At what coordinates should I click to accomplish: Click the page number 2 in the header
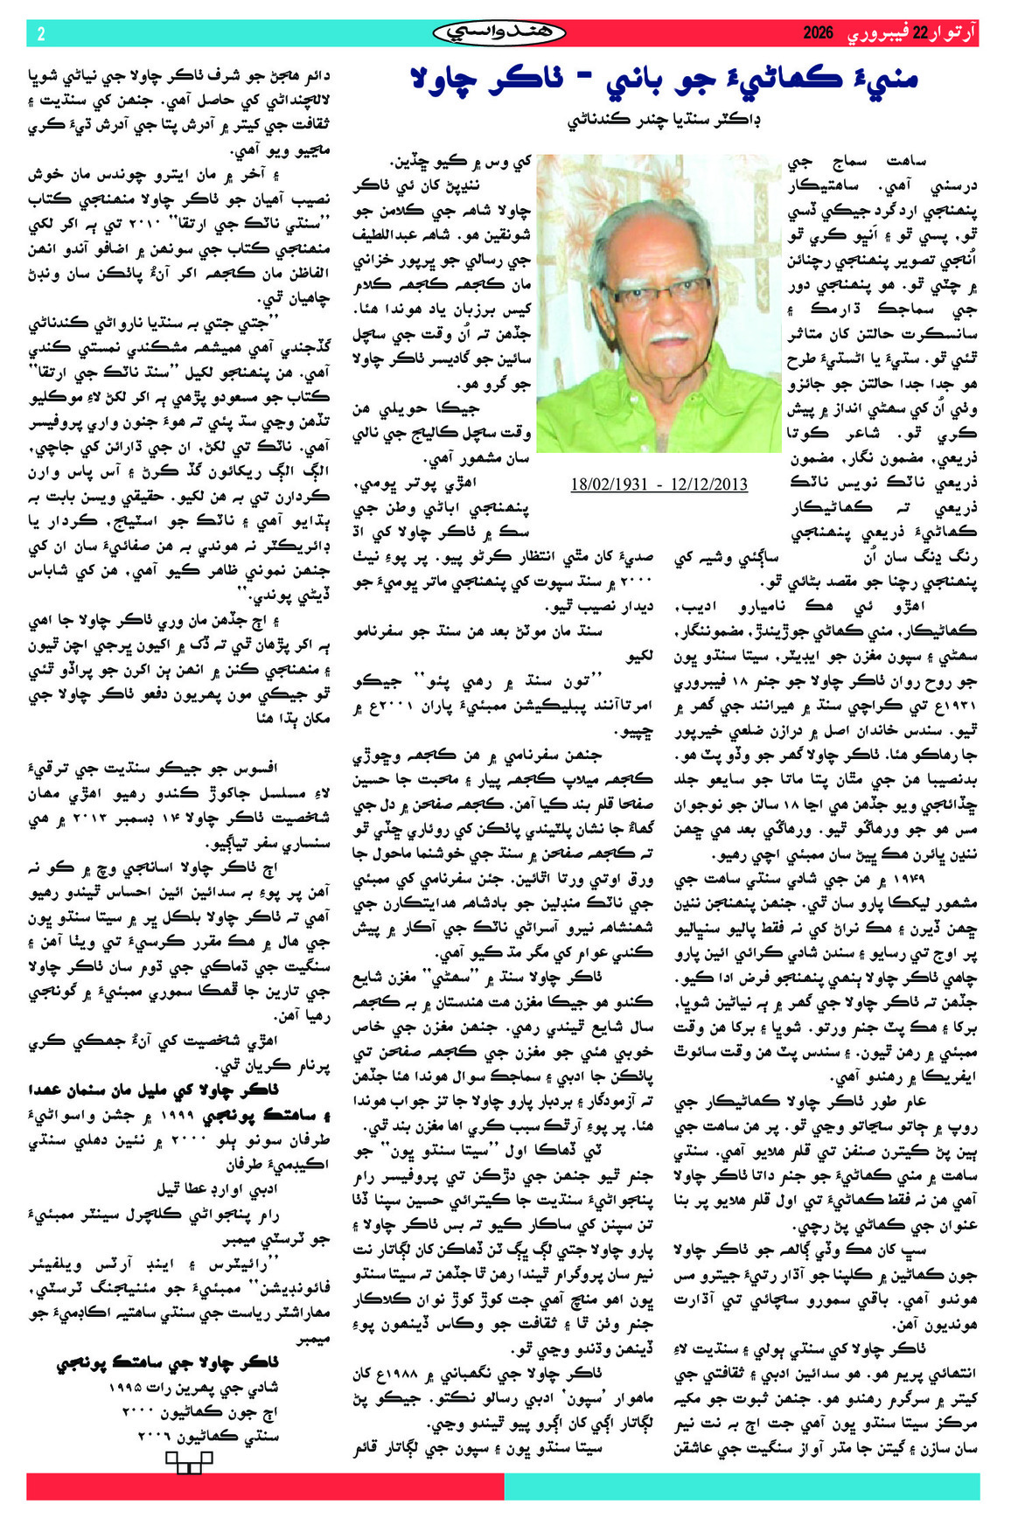[40, 34]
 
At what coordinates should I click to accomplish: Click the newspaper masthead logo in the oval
[499, 33]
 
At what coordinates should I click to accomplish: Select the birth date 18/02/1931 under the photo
[613, 484]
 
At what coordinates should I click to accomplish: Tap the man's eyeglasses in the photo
[660, 291]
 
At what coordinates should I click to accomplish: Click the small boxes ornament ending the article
[189, 1462]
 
